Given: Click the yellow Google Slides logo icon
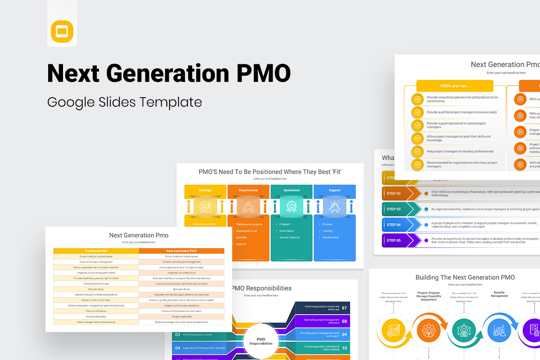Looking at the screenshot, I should (x=62, y=31).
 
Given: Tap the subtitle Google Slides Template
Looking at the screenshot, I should (x=124, y=102).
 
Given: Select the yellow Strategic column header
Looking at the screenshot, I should (x=205, y=190).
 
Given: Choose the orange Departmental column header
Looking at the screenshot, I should (x=248, y=190).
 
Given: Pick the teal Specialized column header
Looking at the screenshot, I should (x=292, y=190).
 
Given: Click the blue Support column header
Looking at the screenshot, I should (x=334, y=190).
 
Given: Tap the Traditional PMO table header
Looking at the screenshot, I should (x=96, y=251).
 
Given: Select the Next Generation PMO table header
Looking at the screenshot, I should (x=181, y=251).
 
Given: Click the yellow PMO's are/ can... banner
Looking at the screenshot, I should (x=454, y=85).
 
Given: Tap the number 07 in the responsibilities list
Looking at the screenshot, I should (x=344, y=308).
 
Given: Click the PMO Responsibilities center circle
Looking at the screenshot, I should (x=261, y=341).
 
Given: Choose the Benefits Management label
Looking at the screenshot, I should (x=499, y=294).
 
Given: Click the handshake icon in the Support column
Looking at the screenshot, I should (x=334, y=207).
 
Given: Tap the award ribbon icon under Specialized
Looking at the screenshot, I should (x=292, y=207).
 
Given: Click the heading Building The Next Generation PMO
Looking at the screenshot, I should (x=465, y=277).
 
